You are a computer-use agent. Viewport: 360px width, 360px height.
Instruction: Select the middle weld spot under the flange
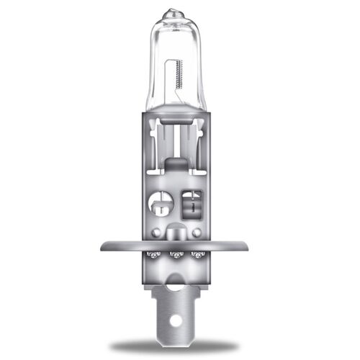point(176,255)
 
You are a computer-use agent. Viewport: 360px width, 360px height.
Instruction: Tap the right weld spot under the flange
point(198,255)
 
